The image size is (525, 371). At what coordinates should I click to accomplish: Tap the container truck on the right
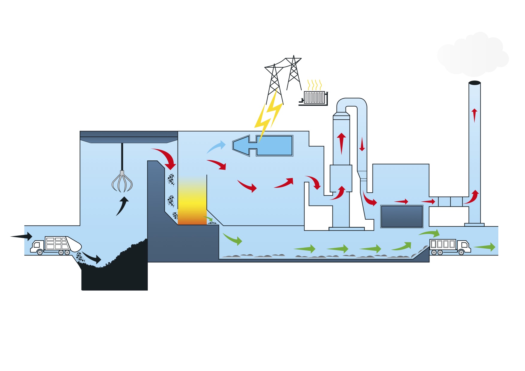[x=450, y=246]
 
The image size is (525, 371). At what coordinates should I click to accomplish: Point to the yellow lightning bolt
[x=268, y=115]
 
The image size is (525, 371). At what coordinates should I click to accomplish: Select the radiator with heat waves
[x=314, y=97]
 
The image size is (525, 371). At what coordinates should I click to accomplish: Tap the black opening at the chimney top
[x=474, y=83]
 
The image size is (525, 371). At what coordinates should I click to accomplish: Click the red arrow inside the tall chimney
[x=474, y=115]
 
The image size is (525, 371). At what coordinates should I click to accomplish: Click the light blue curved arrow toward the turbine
[x=216, y=147]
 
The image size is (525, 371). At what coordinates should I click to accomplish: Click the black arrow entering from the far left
[x=22, y=236]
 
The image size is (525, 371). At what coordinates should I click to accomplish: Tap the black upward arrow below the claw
[x=122, y=206]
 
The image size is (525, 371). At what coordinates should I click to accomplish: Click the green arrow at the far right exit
[x=485, y=247]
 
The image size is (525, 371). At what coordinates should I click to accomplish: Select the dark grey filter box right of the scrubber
[x=402, y=216]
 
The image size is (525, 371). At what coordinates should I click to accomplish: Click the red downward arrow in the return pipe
[x=362, y=144]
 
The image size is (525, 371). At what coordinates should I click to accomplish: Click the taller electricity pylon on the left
[x=274, y=84]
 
